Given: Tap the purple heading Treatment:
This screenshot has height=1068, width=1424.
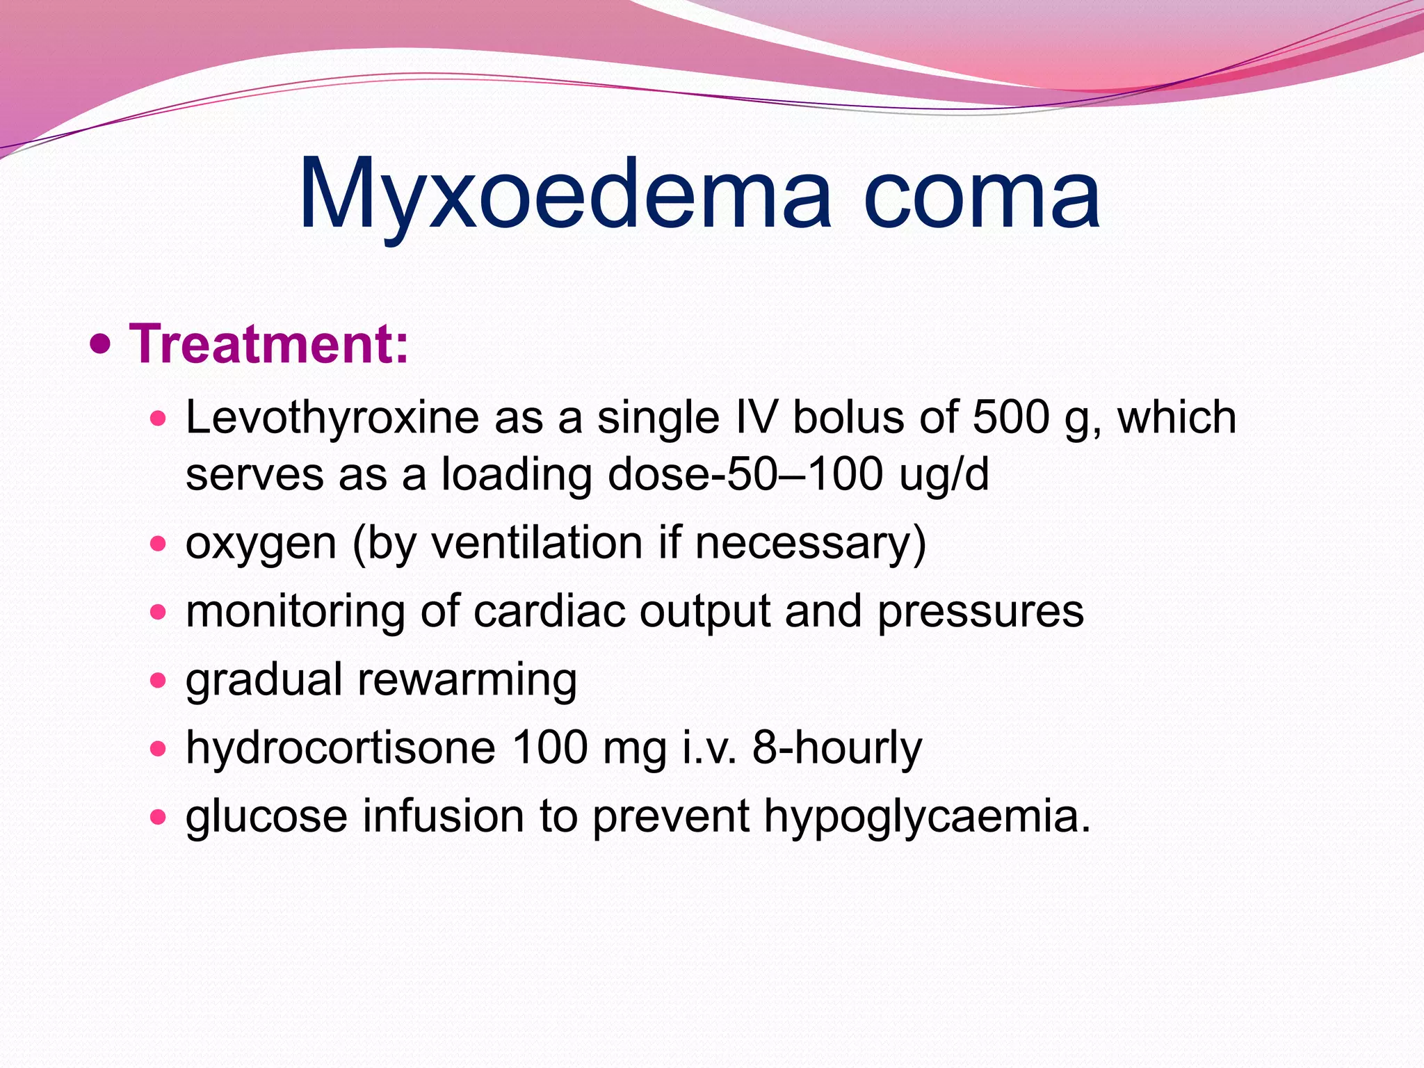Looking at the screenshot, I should pyautogui.click(x=269, y=343).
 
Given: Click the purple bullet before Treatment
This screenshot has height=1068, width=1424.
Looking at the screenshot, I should pyautogui.click(x=101, y=343).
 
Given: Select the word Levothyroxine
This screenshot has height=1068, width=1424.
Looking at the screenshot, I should pyautogui.click(x=332, y=418).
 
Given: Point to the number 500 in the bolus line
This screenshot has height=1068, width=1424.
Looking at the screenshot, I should pyautogui.click(x=1010, y=418).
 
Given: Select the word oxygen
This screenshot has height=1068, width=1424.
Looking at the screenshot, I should pyautogui.click(x=261, y=544).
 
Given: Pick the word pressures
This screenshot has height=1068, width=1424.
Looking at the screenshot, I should pyautogui.click(x=980, y=613).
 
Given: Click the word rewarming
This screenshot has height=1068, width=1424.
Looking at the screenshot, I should pyautogui.click(x=467, y=681).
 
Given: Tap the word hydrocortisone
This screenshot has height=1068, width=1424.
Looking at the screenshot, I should pyautogui.click(x=341, y=748).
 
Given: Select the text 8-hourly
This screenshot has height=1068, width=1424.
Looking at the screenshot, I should pyautogui.click(x=837, y=748).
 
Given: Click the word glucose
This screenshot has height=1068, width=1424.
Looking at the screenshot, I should pyautogui.click(x=266, y=817).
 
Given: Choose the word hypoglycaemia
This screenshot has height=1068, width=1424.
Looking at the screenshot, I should pyautogui.click(x=928, y=817).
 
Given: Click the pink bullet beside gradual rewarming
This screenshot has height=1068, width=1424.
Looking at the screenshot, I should pyautogui.click(x=159, y=679).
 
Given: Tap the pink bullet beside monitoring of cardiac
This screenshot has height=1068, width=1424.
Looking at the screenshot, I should pyautogui.click(x=159, y=612).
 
